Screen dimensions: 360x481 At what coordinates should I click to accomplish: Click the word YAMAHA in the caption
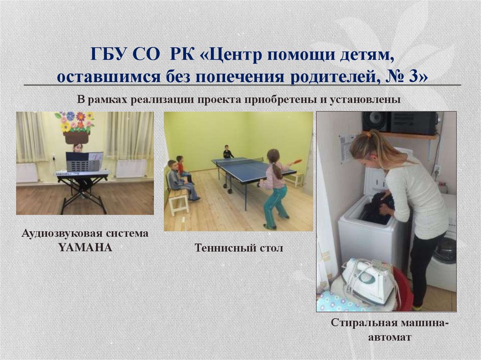pos(85,247)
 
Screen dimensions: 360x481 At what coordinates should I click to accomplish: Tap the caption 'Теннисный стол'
pos(239,247)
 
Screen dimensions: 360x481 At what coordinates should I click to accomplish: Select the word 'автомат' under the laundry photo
pos(390,337)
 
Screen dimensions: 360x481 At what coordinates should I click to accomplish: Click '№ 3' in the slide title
pos(411,76)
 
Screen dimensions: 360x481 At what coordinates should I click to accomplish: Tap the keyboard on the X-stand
pos(81,174)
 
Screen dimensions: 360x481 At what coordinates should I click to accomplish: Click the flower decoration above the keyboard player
pos(77,121)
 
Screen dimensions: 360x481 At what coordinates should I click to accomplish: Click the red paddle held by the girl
pos(297,161)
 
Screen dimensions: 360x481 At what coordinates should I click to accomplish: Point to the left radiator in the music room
pos(27,173)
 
